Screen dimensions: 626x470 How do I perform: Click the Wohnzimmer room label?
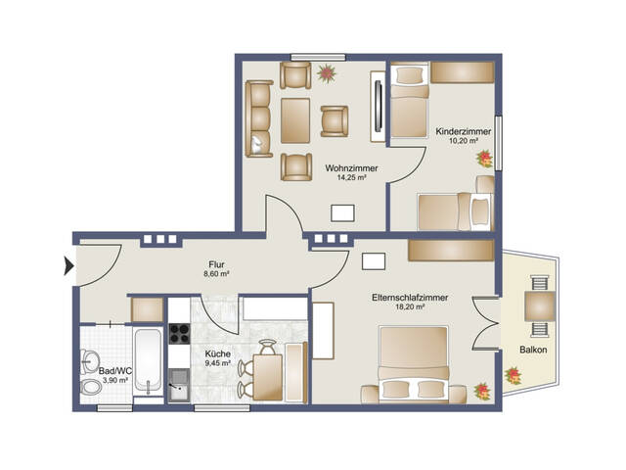(x=351, y=168)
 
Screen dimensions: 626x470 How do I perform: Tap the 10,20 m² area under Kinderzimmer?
(x=464, y=141)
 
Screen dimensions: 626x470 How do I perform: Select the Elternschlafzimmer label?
(x=410, y=298)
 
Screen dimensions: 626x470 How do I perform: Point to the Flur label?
(x=216, y=264)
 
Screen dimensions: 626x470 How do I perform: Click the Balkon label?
(x=533, y=350)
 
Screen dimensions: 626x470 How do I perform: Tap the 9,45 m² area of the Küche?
(x=217, y=363)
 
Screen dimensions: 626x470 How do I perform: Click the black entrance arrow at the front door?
(x=68, y=265)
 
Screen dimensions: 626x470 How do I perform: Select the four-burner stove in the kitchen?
(x=179, y=334)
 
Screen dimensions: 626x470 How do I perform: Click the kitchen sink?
(x=179, y=385)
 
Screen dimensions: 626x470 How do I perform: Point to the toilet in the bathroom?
(x=91, y=387)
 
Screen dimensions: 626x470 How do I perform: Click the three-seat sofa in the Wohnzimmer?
(x=258, y=118)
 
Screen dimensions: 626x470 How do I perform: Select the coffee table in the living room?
(x=295, y=120)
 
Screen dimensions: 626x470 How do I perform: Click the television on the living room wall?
(x=379, y=106)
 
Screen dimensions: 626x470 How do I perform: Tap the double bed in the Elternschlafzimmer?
(x=413, y=364)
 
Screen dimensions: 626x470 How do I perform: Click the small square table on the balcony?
(x=540, y=306)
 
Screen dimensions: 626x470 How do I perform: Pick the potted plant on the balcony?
(x=513, y=376)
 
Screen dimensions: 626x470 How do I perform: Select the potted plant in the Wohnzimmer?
(x=327, y=73)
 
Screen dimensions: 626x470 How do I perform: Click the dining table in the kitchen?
(x=268, y=378)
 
